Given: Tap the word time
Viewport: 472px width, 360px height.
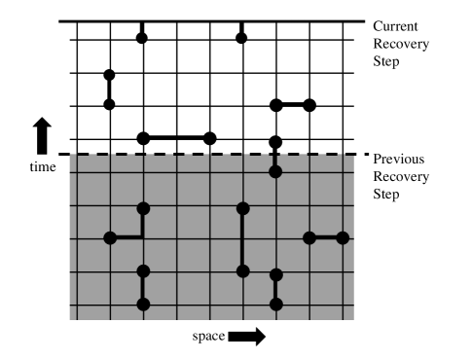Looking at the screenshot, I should (x=41, y=166).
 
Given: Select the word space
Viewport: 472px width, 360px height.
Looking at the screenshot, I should (x=207, y=338).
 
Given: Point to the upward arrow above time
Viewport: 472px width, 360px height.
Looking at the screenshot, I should (x=42, y=135).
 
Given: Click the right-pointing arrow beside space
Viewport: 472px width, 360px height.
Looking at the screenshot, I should (x=247, y=338).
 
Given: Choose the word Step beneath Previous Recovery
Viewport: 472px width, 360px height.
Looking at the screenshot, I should (x=388, y=194).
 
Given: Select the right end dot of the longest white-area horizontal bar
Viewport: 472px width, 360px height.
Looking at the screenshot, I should (x=209, y=138).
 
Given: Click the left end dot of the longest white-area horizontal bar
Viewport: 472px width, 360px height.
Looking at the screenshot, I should (x=143, y=138).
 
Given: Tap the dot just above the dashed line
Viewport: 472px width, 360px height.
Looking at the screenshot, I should (x=275, y=138).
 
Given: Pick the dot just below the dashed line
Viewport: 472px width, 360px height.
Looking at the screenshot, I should (x=275, y=171).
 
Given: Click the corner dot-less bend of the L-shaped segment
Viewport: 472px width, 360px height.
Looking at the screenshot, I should (x=143, y=237).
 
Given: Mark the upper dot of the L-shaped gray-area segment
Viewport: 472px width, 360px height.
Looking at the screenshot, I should (x=143, y=207).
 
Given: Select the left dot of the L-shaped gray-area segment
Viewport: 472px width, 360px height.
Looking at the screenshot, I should (x=110, y=237).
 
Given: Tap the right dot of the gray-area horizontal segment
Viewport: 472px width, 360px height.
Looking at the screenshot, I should (x=342, y=237).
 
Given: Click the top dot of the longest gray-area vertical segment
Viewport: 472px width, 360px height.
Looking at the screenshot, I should (x=242, y=207).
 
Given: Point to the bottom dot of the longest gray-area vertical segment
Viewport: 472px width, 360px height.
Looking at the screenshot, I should (x=242, y=270).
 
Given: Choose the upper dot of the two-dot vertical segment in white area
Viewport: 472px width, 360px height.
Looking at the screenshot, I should (x=109, y=74).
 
